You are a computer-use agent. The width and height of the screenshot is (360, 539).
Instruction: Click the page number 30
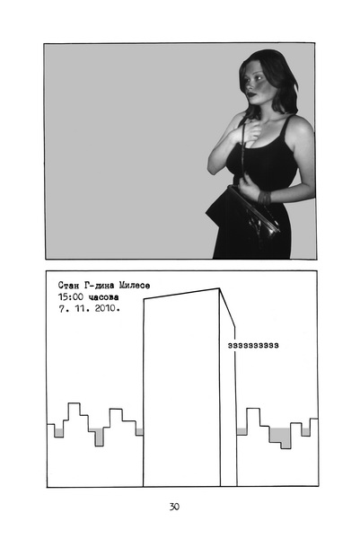coord(174,507)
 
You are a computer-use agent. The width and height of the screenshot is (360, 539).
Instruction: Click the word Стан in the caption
coord(66,286)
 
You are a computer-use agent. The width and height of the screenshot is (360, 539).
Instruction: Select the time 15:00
coord(71,296)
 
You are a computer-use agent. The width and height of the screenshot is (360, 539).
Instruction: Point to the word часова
coord(103,297)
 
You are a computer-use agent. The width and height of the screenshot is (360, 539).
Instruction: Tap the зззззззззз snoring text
coord(253,346)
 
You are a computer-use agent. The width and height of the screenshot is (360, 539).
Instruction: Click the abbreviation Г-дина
coord(97,286)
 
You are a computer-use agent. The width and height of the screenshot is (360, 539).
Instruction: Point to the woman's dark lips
coord(251,93)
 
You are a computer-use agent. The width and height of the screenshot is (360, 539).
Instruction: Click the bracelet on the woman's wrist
coord(265,198)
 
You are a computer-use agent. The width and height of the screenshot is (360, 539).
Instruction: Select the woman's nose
coord(249,85)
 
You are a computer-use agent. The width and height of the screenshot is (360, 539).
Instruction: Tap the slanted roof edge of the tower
coord(181,294)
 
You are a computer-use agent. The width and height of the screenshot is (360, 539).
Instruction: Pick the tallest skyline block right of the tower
coord(253,417)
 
